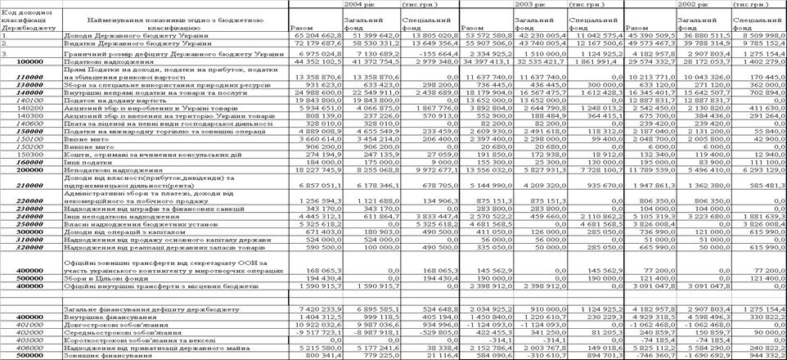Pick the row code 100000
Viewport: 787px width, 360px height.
[29, 61]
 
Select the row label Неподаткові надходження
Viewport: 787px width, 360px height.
[106, 170]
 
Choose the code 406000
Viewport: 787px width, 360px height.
[29, 349]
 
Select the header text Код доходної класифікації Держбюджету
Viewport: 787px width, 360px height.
[29, 16]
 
